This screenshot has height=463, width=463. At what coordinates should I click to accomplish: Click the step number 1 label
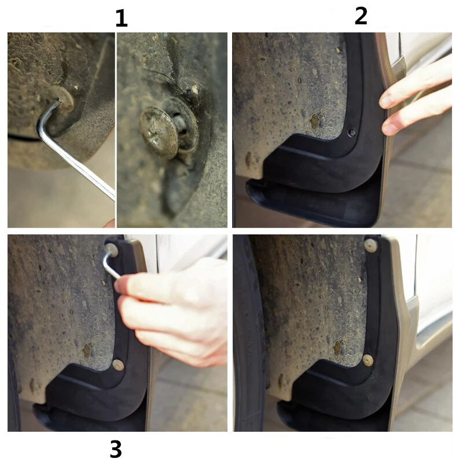click(x=122, y=19)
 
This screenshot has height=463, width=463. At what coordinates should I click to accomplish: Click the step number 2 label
click(x=361, y=16)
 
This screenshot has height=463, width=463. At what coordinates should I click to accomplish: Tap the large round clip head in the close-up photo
click(x=159, y=133)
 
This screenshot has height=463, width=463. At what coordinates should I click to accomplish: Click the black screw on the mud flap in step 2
click(x=352, y=133)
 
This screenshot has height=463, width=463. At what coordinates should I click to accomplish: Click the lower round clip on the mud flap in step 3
click(x=118, y=365)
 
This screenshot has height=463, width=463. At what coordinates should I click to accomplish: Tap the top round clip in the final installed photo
click(x=370, y=245)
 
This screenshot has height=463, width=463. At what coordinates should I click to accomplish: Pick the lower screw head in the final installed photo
click(x=368, y=360)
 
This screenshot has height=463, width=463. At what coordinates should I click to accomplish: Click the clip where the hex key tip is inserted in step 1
click(x=61, y=97)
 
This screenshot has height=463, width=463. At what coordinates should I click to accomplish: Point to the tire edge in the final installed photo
click(x=249, y=334)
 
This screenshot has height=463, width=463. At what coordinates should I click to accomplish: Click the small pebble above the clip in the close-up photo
click(x=195, y=89)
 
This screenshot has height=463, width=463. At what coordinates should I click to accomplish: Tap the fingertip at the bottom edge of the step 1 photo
click(x=110, y=223)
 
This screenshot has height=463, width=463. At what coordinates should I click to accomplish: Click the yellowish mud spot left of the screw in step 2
click(x=315, y=121)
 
